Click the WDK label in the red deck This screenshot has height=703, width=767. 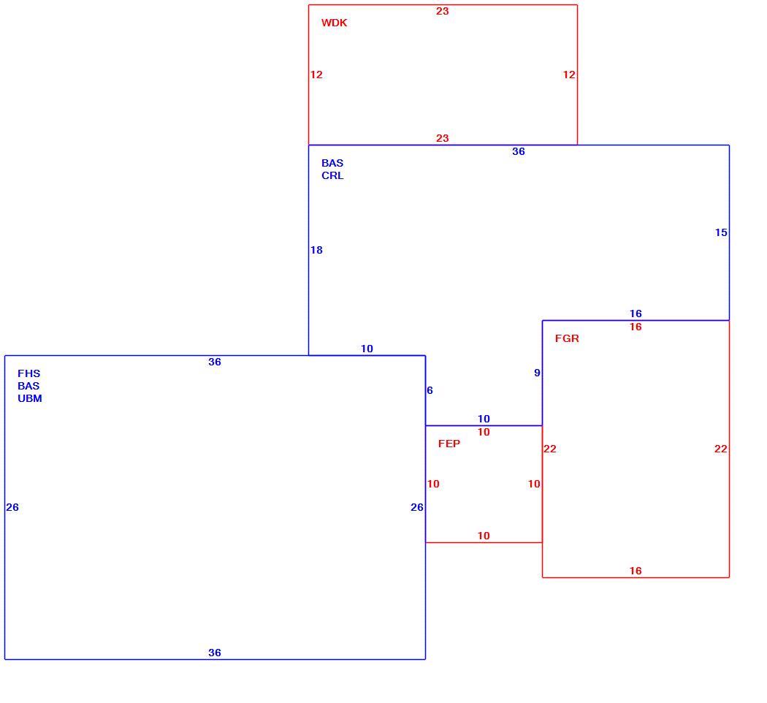click(x=334, y=23)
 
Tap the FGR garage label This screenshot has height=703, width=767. click(x=567, y=338)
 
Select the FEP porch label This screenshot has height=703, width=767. click(x=449, y=444)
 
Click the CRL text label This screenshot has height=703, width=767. click(x=332, y=175)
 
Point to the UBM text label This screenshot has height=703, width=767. click(x=30, y=398)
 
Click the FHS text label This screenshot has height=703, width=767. click(x=29, y=373)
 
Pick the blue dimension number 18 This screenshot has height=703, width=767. click(x=316, y=250)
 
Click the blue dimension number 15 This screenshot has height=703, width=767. click(x=721, y=232)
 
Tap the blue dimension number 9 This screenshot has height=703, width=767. click(x=537, y=373)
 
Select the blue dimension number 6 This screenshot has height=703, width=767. click(x=430, y=390)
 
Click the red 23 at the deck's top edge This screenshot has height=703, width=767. click(x=442, y=11)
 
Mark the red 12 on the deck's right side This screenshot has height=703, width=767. click(x=569, y=75)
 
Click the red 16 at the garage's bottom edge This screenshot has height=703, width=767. click(x=636, y=571)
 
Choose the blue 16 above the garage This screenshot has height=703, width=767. click(x=636, y=313)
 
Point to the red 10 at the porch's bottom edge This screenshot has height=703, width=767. click(x=484, y=536)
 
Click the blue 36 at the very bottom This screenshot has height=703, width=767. click(x=215, y=652)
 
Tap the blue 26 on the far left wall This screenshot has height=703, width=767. click(x=12, y=507)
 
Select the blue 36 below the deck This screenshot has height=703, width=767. click(x=519, y=152)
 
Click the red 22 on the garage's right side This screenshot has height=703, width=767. click(x=720, y=449)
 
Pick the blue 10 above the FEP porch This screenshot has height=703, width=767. click(x=484, y=419)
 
